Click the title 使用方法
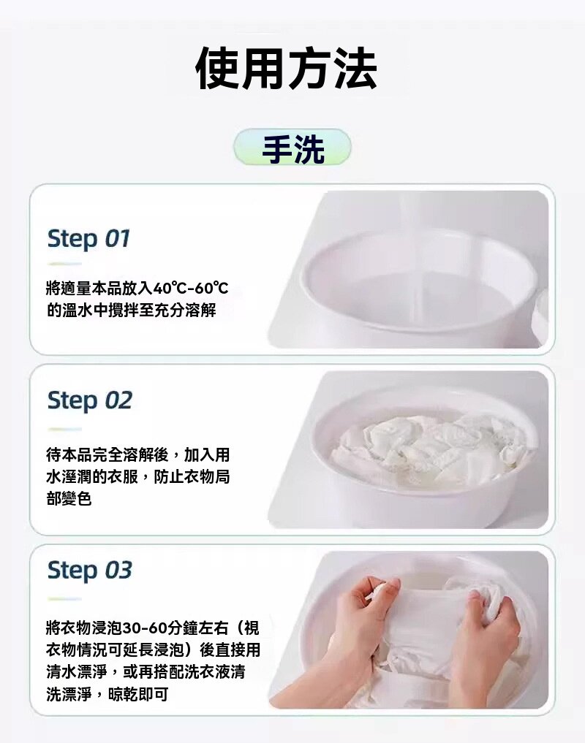287,69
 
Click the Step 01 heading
88,238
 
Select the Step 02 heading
89,400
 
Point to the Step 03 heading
89,570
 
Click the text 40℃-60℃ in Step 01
192,288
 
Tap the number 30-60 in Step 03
146,628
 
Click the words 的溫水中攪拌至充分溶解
131,310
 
